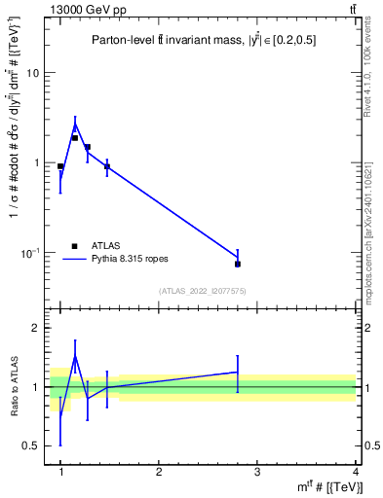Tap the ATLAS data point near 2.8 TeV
click(x=238, y=264)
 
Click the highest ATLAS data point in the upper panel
click(x=74, y=137)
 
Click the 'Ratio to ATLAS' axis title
click(x=15, y=387)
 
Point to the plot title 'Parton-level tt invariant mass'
click(x=203, y=41)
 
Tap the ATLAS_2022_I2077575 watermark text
click(x=203, y=291)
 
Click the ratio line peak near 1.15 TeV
click(x=75, y=357)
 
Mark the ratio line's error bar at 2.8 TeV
click(x=238, y=373)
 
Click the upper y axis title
click(x=14, y=161)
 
